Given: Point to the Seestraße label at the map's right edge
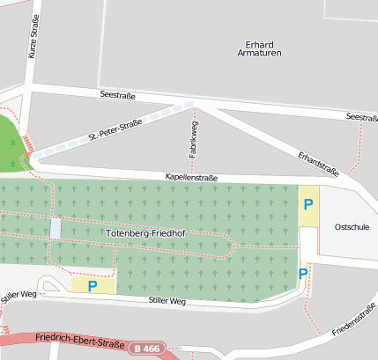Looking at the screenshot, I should point(362,117).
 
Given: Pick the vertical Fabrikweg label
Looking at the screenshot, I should point(191,140).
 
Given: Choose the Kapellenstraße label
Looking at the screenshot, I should point(192,177).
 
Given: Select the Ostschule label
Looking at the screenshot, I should point(352,226).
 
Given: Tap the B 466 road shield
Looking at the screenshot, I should point(147,349).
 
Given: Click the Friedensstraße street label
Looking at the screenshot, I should point(355,320).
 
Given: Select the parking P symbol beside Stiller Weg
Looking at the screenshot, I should point(92,285).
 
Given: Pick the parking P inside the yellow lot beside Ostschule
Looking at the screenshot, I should point(308,204).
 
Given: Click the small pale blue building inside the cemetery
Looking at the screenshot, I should point(56,228).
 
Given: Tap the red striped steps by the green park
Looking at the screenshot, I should point(31,143).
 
